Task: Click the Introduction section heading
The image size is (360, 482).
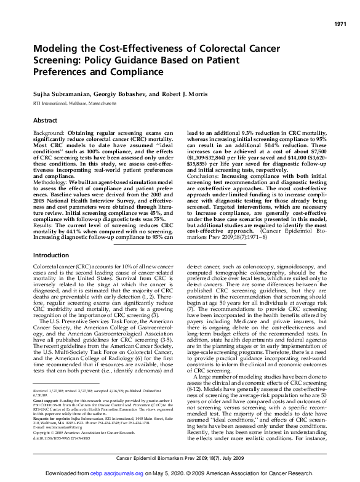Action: (x=51, y=255)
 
